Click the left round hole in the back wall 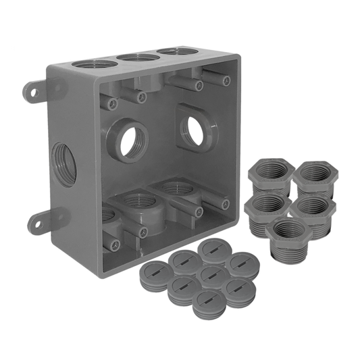click(x=126, y=140)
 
